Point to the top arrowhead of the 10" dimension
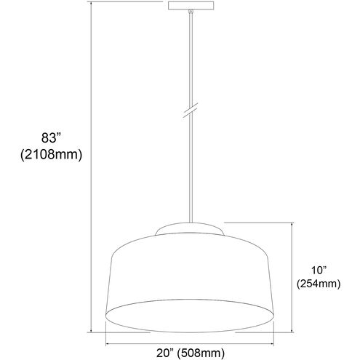pos(292,226)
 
